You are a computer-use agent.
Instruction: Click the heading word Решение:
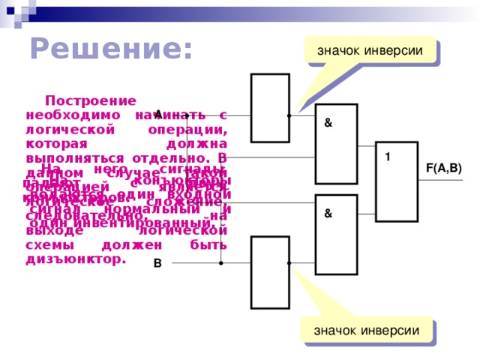[x=111, y=49]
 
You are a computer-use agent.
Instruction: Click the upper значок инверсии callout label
[x=370, y=50]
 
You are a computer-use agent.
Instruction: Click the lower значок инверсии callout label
[x=367, y=330]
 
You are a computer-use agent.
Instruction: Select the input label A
[x=158, y=114]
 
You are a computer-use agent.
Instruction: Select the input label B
[x=157, y=263]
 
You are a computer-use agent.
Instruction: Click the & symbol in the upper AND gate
[x=328, y=123]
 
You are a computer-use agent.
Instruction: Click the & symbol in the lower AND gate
[x=328, y=214]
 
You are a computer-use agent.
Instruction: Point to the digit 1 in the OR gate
[x=388, y=157]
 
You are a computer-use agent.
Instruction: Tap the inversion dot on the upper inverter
[x=289, y=115]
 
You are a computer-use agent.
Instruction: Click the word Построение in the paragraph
[x=91, y=100]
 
